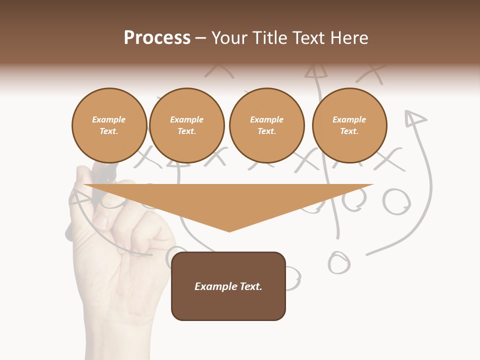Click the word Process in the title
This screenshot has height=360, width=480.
pos(157,38)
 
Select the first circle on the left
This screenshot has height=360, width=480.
pos(109,125)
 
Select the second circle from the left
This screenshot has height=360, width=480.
pos(186,125)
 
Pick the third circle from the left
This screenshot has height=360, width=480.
pos(266,125)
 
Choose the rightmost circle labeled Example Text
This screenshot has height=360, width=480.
pos(349,125)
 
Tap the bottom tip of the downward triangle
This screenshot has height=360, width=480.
pos(229,230)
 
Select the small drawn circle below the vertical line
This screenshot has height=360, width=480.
pos(338,262)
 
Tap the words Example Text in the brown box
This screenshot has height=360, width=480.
pos(228,286)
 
